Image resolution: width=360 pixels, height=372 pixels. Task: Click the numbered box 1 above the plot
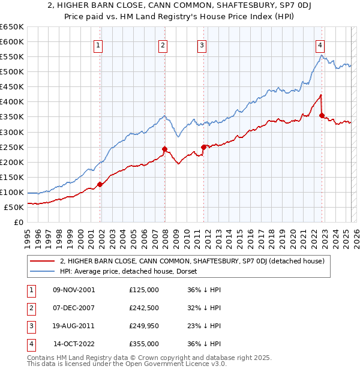tap(98, 44)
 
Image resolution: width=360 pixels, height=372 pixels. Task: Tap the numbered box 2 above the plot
tap(163, 44)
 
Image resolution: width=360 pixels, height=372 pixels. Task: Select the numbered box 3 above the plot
tap(202, 44)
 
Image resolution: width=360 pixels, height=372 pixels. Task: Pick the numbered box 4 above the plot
tap(320, 44)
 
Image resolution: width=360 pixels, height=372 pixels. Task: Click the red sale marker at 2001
tap(100, 185)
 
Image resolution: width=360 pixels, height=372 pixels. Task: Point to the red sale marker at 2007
tap(164, 149)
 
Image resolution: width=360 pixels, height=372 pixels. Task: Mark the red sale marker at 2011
tap(203, 146)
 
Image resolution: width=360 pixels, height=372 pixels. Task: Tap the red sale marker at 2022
tap(322, 115)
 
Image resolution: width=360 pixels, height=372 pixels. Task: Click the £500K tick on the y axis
tap(12, 71)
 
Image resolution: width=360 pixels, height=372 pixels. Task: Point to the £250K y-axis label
tap(12, 147)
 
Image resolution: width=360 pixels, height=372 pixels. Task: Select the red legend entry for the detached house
tap(192, 261)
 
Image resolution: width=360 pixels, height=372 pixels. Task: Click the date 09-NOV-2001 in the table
tap(74, 290)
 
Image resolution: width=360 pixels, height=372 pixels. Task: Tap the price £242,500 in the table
tap(144, 308)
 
